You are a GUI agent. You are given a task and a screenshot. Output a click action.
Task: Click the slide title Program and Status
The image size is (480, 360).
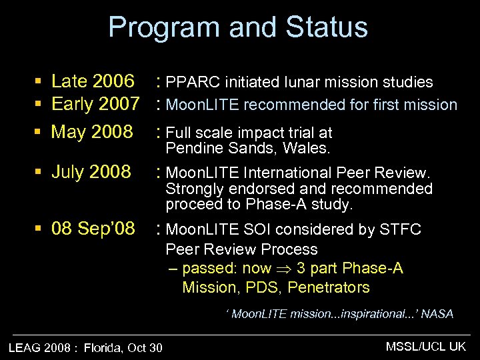(238, 28)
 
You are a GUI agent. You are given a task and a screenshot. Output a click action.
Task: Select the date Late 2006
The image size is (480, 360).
(92, 82)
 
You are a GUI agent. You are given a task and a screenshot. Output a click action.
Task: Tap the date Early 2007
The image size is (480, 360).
(95, 105)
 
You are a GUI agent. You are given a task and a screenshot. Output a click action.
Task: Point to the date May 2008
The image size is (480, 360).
(92, 132)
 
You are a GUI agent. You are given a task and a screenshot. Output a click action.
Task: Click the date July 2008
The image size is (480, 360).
(91, 172)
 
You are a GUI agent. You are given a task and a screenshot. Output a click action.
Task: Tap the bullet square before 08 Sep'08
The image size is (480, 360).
(39, 230)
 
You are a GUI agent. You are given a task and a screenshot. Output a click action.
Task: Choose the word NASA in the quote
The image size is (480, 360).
(437, 314)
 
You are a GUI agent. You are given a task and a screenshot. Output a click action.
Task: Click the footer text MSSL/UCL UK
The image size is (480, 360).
(426, 346)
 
